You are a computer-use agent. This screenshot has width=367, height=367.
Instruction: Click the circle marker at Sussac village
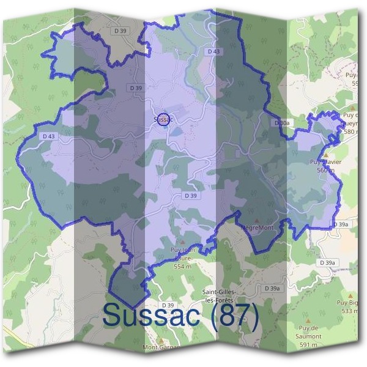tap(163, 119)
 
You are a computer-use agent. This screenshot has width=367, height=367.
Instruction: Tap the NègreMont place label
tap(258, 228)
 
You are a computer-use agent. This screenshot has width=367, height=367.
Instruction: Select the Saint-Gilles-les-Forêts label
tap(224, 296)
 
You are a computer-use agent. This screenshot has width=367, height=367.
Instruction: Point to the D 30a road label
tap(281, 123)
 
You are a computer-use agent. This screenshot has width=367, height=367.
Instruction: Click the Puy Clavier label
tap(325, 162)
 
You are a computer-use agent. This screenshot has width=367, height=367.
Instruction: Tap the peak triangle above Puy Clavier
tap(326, 155)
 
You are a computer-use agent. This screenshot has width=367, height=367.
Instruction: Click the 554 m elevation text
tap(182, 267)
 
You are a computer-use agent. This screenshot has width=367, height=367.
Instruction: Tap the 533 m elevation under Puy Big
tap(350, 311)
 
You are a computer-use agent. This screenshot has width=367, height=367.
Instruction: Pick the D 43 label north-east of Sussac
tap(213, 52)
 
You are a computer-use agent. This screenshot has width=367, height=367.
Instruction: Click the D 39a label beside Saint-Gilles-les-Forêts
tap(272, 288)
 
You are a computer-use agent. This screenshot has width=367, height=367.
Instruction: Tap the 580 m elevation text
tap(352, 131)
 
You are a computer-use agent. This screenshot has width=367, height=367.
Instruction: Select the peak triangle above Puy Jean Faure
tap(181, 242)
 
